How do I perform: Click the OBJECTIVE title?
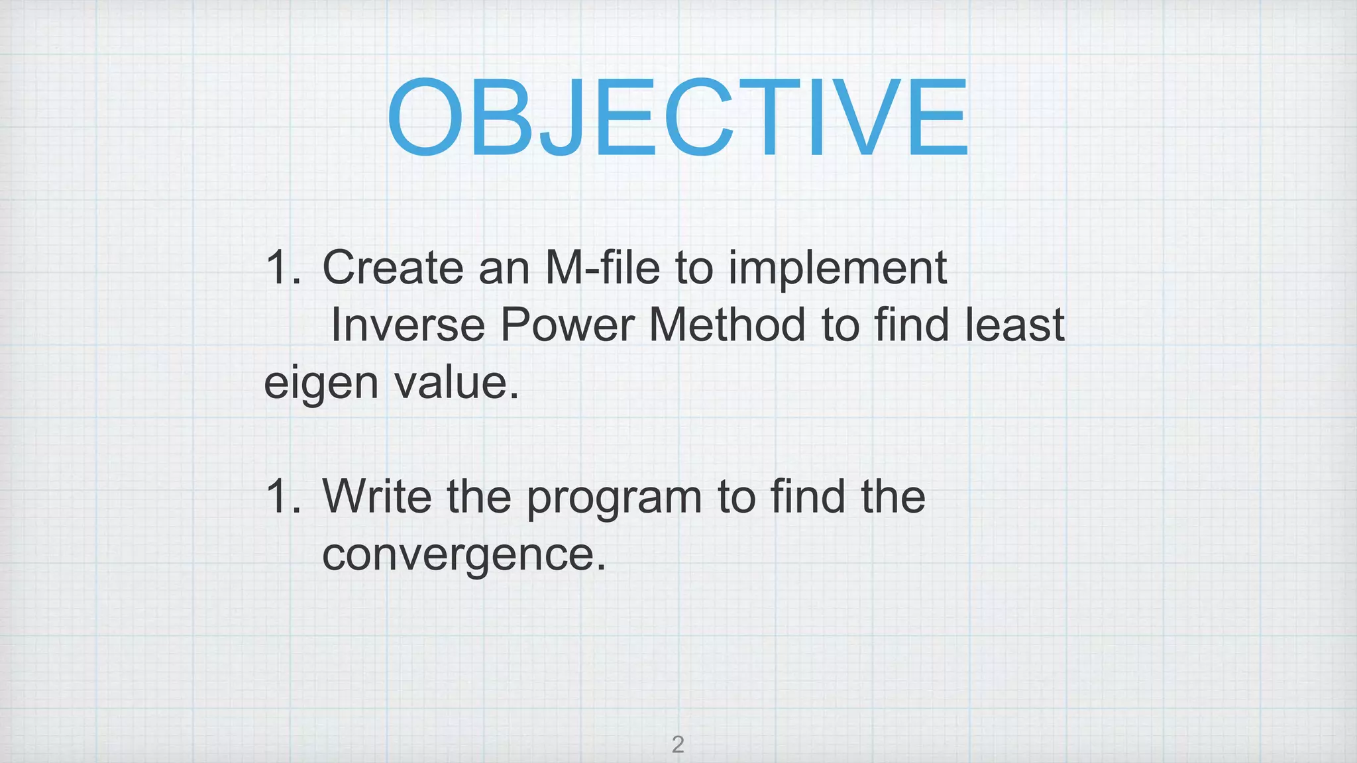(677, 118)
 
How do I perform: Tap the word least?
(1014, 325)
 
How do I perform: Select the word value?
(457, 382)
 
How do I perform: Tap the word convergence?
(464, 555)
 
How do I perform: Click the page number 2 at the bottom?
(677, 745)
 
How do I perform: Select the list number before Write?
(282, 496)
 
